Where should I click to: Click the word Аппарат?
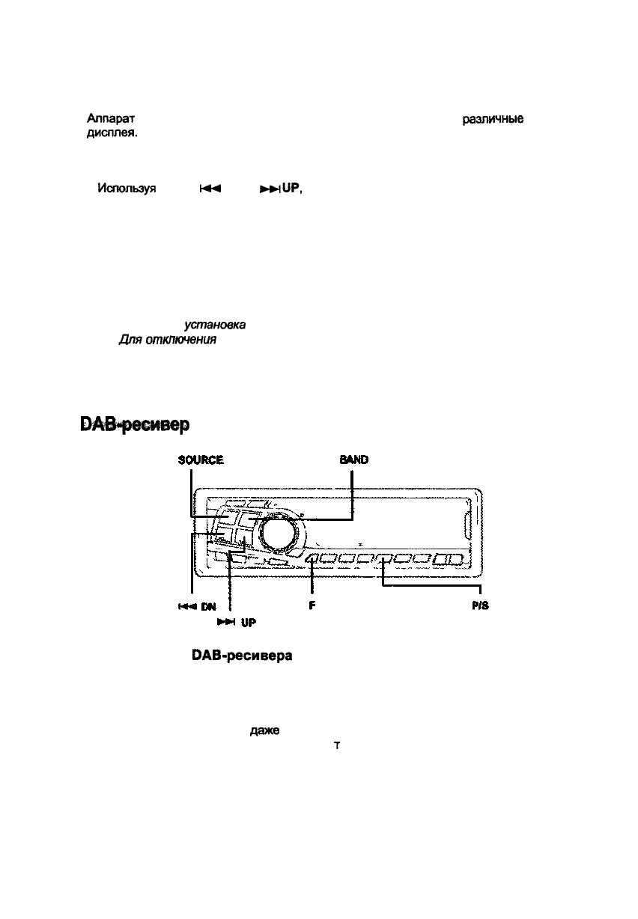pyautogui.click(x=111, y=119)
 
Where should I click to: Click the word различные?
pyautogui.click(x=492, y=120)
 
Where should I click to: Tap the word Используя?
pyautogui.click(x=127, y=190)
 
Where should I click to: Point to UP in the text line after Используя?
pyautogui.click(x=291, y=190)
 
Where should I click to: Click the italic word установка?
pyautogui.click(x=214, y=325)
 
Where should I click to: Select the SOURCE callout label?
pyautogui.click(x=201, y=460)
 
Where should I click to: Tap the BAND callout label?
pyautogui.click(x=353, y=460)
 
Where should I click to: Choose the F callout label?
pyautogui.click(x=311, y=607)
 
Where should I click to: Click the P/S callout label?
pyautogui.click(x=479, y=607)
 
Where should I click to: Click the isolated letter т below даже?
pyautogui.click(x=337, y=746)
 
